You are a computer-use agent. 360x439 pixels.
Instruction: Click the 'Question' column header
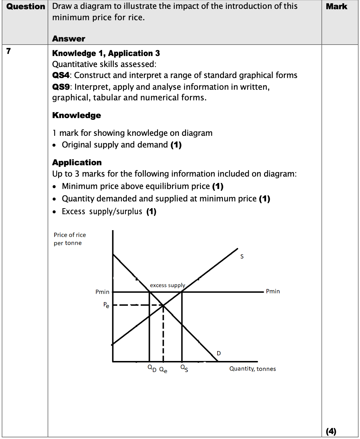[26, 6]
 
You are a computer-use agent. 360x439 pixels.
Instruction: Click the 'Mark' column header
[336, 6]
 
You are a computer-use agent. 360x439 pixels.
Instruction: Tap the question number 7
[9, 51]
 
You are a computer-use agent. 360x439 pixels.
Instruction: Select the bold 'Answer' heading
[69, 39]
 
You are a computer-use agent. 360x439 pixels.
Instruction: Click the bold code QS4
[61, 75]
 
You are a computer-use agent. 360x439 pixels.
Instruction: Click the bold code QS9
[61, 87]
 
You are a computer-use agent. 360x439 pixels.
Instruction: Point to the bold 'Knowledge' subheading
[77, 115]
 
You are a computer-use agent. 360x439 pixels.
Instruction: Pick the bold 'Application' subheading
[77, 162]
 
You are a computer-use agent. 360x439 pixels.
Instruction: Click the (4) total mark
[331, 431]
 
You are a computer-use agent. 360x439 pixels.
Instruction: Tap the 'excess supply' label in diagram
[167, 285]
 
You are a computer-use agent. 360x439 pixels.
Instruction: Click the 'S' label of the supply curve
[242, 256]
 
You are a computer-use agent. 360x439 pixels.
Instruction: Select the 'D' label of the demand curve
[219, 353]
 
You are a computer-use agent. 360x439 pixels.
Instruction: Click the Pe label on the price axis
[106, 305]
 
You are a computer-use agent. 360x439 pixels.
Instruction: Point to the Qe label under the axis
[163, 370]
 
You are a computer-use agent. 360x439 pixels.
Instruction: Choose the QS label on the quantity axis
[184, 368]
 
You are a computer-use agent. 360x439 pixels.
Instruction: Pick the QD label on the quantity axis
[152, 368]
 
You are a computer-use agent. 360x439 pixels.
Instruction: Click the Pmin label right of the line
[273, 291]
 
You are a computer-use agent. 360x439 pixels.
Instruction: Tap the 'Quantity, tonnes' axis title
[252, 369]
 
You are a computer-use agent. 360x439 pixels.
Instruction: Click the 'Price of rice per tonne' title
[70, 239]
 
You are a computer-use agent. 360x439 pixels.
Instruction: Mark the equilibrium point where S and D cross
[163, 305]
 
